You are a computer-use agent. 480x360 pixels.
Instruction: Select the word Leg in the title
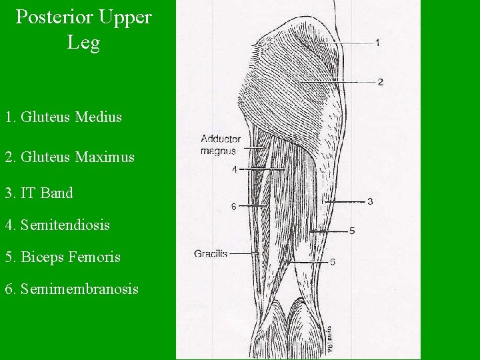[x=83, y=43]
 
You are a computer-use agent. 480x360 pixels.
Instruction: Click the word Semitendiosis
[x=65, y=225]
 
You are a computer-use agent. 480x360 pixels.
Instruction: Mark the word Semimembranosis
[x=79, y=289]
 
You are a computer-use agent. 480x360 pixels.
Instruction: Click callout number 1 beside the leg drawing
[x=378, y=43]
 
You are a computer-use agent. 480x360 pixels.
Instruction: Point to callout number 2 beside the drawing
[x=380, y=82]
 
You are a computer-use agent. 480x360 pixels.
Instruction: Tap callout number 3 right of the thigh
[x=370, y=201]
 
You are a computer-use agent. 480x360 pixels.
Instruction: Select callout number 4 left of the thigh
[x=234, y=169]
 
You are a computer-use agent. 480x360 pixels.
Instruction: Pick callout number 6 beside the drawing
[x=233, y=207]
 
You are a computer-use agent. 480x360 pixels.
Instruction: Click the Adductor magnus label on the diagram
[x=220, y=145]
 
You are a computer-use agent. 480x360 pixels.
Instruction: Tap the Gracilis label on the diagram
[x=211, y=253]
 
